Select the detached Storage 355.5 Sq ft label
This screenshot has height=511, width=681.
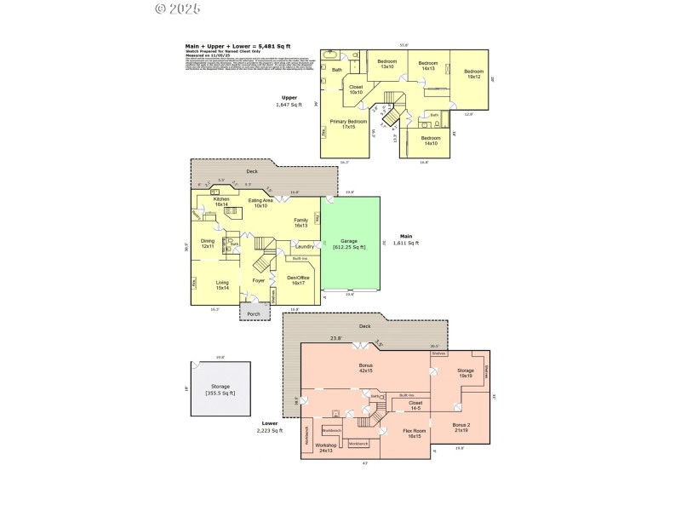click(x=220, y=389)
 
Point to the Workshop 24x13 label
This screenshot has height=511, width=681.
click(x=326, y=447)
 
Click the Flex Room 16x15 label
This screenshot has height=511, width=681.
click(x=415, y=433)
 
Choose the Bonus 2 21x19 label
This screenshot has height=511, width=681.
click(x=461, y=426)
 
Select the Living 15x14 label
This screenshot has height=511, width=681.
click(x=222, y=284)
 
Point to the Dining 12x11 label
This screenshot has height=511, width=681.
click(x=208, y=243)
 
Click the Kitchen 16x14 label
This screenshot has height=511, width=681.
click(x=221, y=202)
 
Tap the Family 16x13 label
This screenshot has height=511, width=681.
click(x=300, y=222)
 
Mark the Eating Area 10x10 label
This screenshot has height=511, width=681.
click(x=260, y=203)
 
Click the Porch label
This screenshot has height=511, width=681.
click(x=254, y=314)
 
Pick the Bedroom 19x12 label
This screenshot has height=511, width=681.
click(x=473, y=74)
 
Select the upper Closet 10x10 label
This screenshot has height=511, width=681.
click(x=356, y=89)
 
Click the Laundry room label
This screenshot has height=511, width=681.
click(x=304, y=247)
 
